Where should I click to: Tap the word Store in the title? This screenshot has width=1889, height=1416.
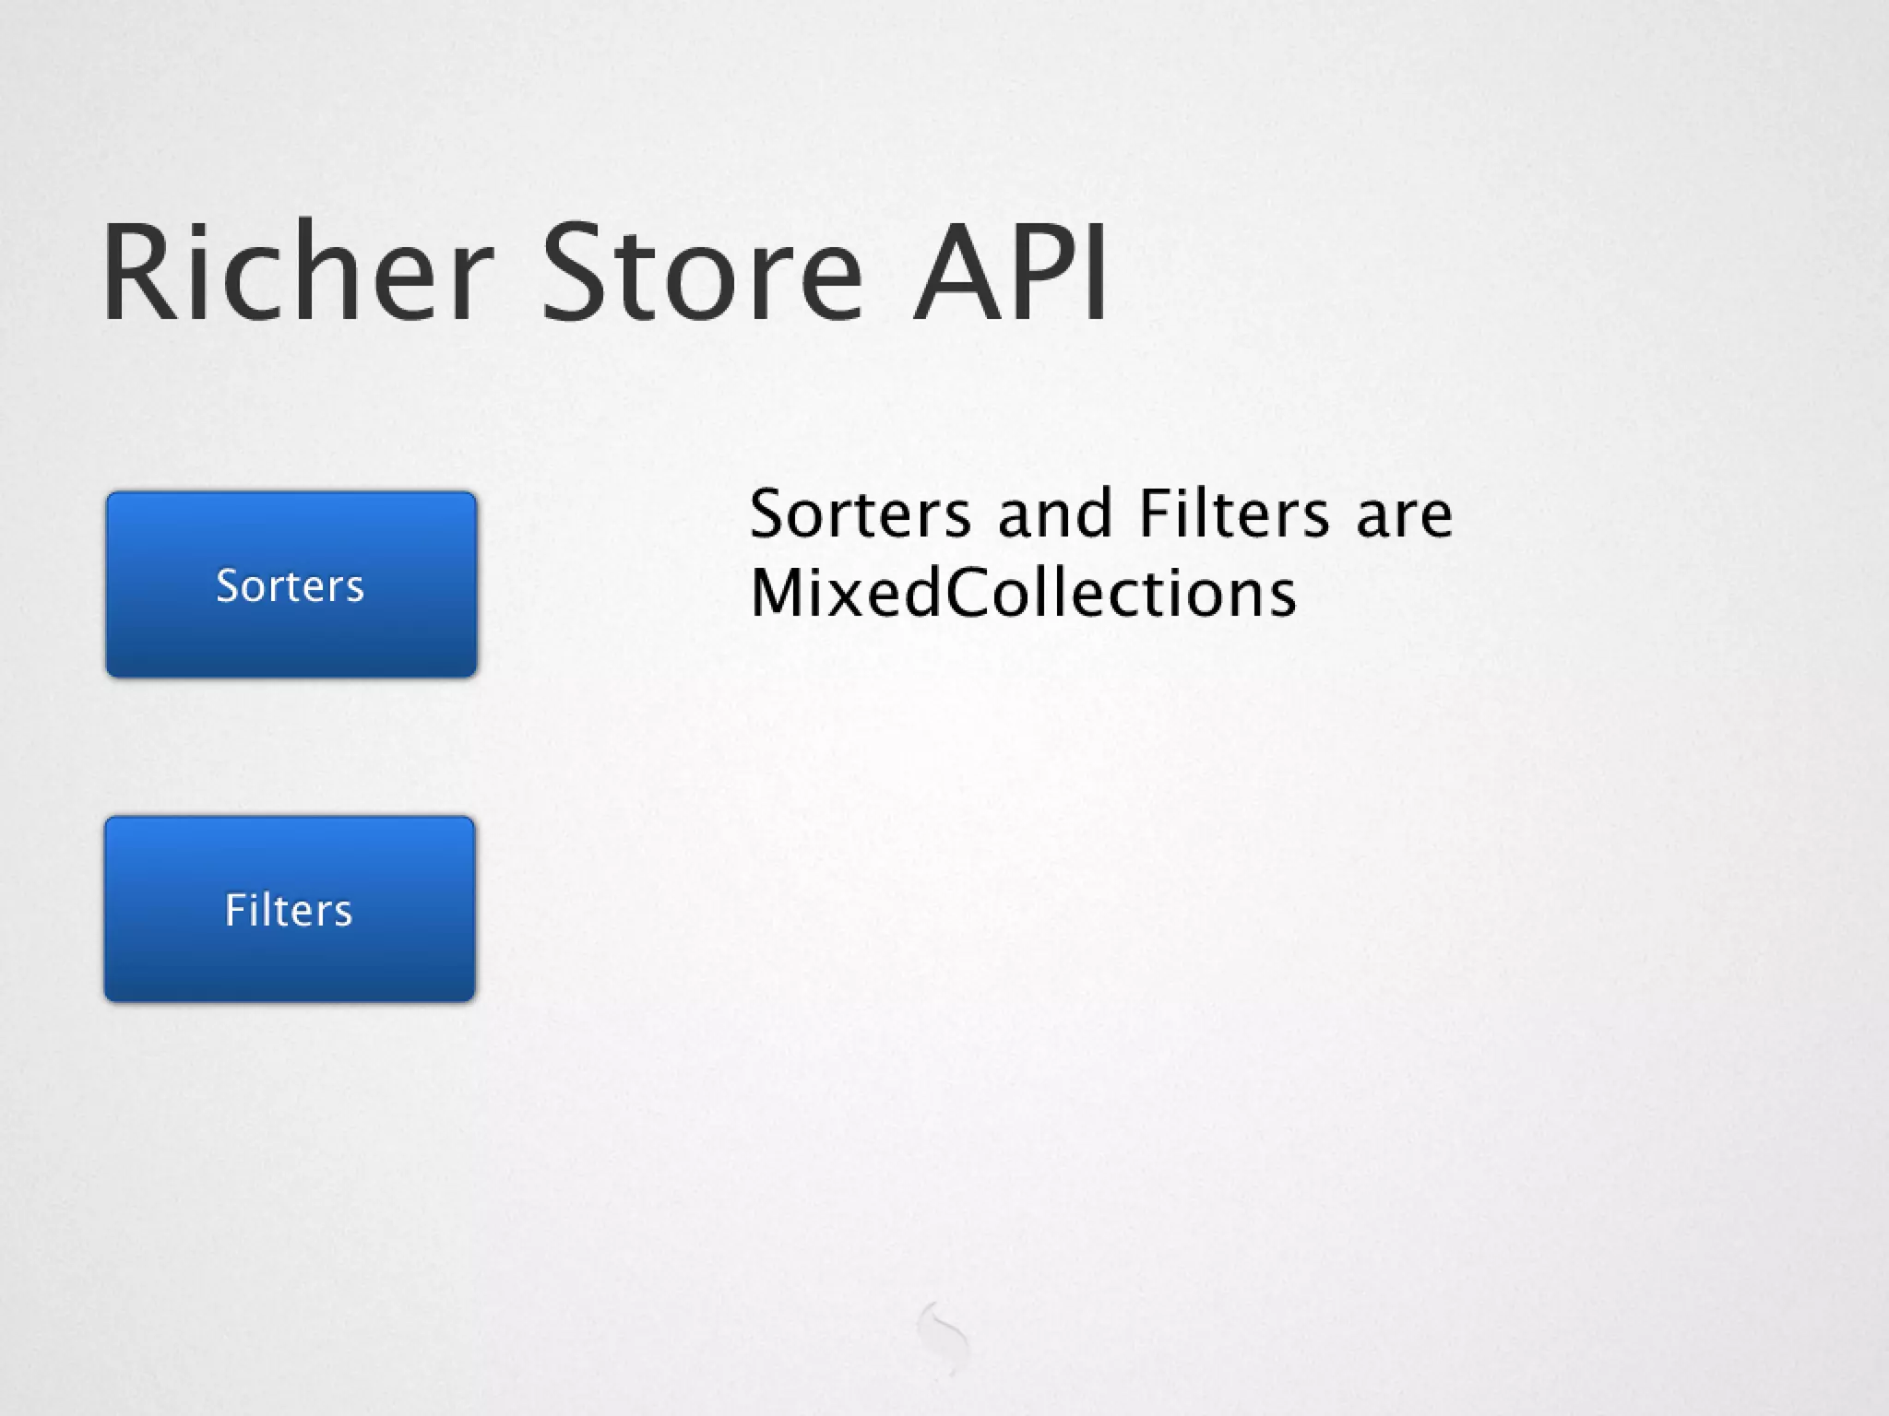click(x=701, y=272)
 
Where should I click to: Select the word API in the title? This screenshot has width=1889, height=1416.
click(x=1011, y=272)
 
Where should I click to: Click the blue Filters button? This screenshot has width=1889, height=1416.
click(x=290, y=909)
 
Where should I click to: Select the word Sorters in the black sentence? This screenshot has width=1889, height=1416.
click(x=860, y=513)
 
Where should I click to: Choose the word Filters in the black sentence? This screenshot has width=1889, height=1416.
click(x=1234, y=513)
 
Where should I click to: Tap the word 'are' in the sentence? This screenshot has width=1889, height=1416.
click(x=1404, y=515)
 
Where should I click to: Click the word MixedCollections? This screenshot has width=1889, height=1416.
click(x=1023, y=593)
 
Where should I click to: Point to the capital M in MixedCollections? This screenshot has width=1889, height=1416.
click(x=775, y=593)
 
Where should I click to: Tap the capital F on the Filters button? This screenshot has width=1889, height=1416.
click(x=234, y=910)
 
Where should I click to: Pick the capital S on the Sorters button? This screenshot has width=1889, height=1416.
click(x=227, y=585)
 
